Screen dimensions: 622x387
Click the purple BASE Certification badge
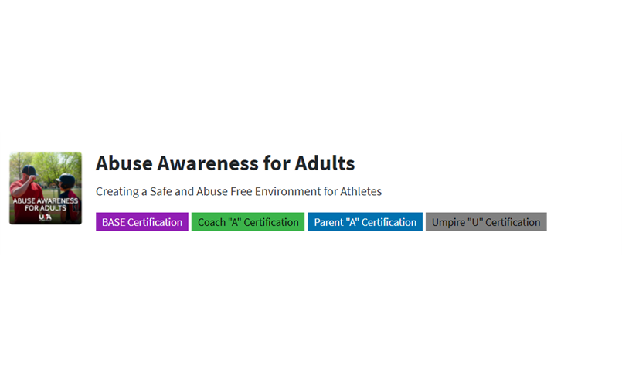(142, 221)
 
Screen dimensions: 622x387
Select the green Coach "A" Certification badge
(248, 221)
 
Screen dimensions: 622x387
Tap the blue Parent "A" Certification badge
(365, 221)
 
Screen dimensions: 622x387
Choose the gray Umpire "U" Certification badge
(486, 221)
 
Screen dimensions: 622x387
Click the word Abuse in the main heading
(124, 163)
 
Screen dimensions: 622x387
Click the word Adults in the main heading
(325, 163)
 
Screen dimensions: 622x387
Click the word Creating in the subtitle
(117, 192)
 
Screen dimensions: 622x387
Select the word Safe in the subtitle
(161, 191)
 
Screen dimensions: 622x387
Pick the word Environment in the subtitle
(287, 191)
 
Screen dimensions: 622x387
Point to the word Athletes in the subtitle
(361, 191)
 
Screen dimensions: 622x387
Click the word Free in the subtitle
(241, 191)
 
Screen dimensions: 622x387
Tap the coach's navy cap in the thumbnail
(29, 170)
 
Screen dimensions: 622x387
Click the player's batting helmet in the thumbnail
(66, 180)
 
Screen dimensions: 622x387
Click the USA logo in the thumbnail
(45, 217)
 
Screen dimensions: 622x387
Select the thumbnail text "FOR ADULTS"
(46, 207)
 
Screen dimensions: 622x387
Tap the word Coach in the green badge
(211, 222)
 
